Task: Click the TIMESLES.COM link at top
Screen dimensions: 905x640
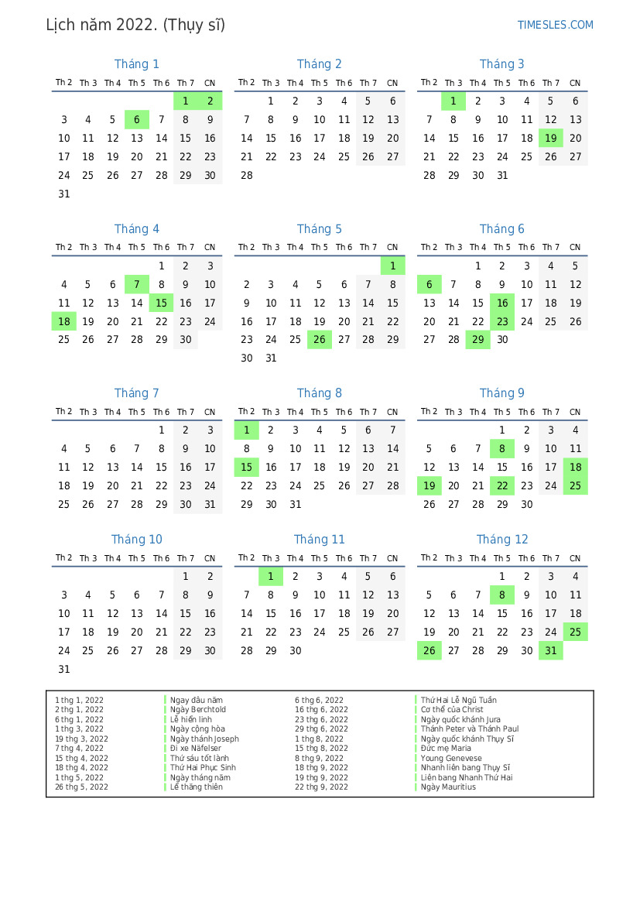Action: click(555, 25)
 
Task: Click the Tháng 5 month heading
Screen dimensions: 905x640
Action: click(319, 228)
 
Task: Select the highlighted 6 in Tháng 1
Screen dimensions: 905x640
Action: click(137, 119)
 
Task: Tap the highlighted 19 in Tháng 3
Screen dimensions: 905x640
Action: click(550, 138)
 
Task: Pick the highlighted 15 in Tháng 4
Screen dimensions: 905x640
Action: click(161, 303)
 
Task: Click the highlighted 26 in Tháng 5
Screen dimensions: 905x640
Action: click(319, 339)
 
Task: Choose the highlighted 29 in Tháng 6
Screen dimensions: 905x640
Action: click(477, 339)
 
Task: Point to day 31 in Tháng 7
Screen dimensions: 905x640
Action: click(210, 504)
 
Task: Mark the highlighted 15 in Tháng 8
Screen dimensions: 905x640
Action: click(246, 467)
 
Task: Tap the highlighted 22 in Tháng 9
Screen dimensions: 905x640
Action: click(502, 485)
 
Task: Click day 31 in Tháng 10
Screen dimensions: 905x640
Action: click(64, 669)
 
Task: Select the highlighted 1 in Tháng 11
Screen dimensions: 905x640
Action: click(270, 576)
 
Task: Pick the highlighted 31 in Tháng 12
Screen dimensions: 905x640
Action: click(550, 650)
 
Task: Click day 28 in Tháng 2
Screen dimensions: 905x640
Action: click(246, 175)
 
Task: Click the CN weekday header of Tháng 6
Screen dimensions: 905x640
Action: click(575, 248)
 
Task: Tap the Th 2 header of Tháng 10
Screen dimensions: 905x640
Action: click(64, 558)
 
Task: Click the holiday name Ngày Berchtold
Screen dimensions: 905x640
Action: click(198, 709)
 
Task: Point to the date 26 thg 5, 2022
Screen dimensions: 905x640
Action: click(81, 787)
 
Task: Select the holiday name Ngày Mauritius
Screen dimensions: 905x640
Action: click(448, 787)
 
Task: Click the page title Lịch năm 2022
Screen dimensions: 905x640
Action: click(135, 25)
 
